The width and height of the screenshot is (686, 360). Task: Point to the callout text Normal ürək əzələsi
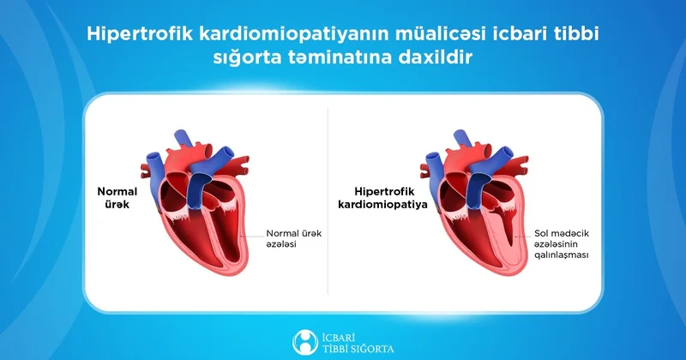tap(294, 238)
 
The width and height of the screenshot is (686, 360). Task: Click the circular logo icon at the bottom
tap(305, 339)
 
